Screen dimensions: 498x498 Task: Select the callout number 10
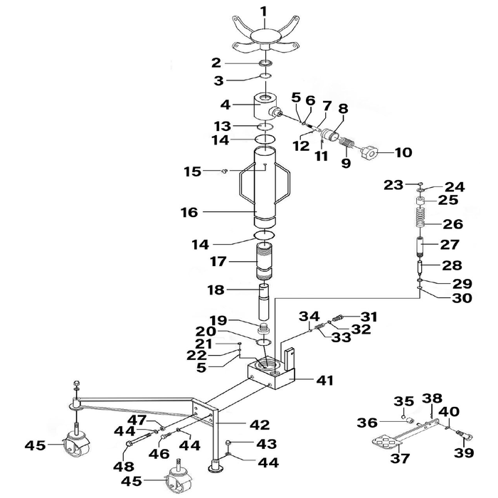[x=403, y=152]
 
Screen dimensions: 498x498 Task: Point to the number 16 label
[x=189, y=212]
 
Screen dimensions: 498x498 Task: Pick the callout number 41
[x=324, y=380]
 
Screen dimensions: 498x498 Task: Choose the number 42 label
[x=260, y=425]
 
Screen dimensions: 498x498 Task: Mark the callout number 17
[x=218, y=262]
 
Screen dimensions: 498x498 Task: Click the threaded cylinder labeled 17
[x=265, y=261]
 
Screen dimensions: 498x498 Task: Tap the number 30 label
[x=462, y=298]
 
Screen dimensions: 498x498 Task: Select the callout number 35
[x=404, y=401]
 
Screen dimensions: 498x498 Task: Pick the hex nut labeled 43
[x=228, y=443]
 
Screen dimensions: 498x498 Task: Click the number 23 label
[x=393, y=185]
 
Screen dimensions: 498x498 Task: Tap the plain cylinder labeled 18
[x=265, y=302]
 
